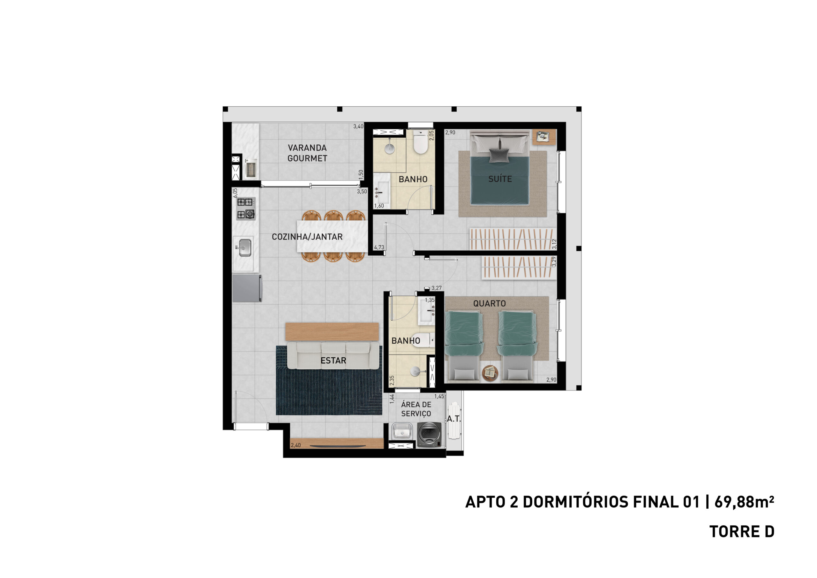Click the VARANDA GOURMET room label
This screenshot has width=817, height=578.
[307, 153]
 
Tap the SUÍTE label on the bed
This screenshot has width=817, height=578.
[500, 179]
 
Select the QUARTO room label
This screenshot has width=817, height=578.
[489, 303]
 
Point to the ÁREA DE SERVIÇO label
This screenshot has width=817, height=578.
[416, 409]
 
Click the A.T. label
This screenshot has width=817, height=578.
[454, 419]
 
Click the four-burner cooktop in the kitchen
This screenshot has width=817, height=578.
[246, 208]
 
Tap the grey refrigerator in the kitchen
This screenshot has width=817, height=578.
[247, 288]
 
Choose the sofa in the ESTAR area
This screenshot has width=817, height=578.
[333, 355]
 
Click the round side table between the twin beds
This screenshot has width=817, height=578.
[490, 373]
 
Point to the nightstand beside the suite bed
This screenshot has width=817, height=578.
[544, 136]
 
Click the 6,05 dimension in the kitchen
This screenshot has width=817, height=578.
[235, 193]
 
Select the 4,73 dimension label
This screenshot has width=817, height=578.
[379, 247]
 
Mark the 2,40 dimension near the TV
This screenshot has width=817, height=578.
[296, 445]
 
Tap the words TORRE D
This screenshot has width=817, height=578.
[742, 532]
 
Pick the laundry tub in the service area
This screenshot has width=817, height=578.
[402, 432]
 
